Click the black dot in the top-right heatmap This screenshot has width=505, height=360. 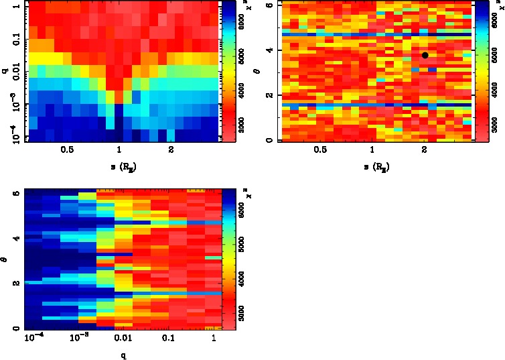coord(425,56)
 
